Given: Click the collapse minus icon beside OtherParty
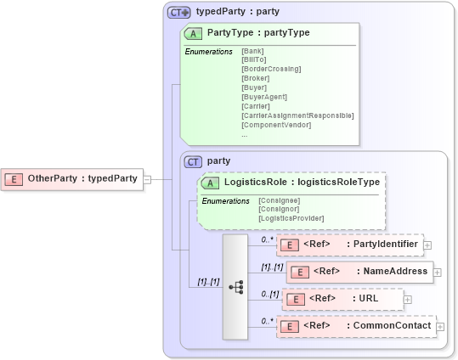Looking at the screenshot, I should coord(147,179).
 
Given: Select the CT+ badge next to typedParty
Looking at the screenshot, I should coord(178,12).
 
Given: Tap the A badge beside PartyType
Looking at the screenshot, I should coord(194,33).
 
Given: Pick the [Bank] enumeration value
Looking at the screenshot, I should coord(252,52).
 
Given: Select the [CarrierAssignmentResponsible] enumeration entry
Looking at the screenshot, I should coord(297,115).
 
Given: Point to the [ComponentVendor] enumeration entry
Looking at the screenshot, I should coord(276,125).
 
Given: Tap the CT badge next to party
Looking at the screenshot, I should coord(194,160).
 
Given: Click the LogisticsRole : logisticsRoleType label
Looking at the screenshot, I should coord(301,182).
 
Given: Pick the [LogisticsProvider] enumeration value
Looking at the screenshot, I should coord(291,219).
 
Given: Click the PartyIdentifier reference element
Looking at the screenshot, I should coord(349,245).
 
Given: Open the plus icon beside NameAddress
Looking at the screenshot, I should coord(438,273).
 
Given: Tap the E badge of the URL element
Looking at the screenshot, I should coord(294,299).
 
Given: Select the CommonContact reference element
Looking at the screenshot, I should coord(355,326).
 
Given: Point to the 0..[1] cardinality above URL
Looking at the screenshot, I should coord(269,294).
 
